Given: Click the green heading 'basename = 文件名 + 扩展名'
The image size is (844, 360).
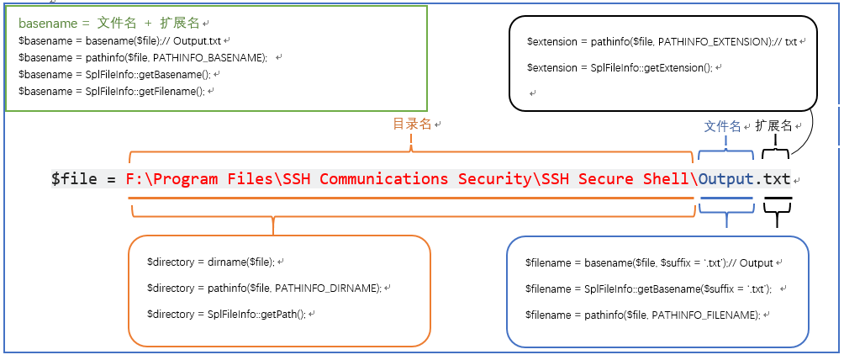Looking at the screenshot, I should point(109,24).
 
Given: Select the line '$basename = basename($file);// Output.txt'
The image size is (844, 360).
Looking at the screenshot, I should point(121,40).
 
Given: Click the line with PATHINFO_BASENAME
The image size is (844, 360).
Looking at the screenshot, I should point(142,57).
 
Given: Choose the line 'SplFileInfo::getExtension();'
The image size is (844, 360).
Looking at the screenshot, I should point(619,67).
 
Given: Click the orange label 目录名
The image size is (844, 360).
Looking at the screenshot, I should point(412,124).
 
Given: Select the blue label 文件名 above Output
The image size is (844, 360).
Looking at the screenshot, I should point(722,126).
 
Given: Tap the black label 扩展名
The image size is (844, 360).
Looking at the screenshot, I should point(773,125).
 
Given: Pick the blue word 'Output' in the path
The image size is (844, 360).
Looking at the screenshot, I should point(726,179).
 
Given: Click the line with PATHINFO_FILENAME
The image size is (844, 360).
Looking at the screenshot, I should point(641,314).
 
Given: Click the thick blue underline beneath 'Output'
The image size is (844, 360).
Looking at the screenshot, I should point(726,199).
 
